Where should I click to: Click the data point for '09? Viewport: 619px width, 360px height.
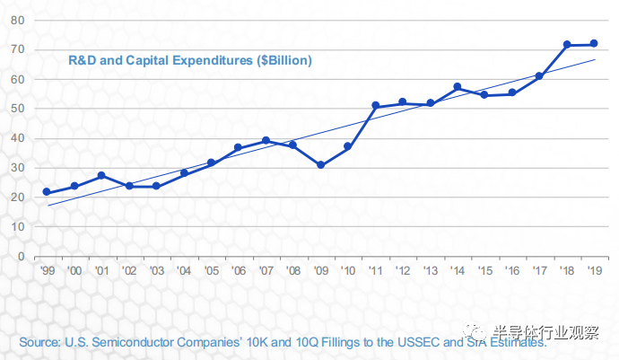click(320, 165)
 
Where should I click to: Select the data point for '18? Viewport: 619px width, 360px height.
click(566, 44)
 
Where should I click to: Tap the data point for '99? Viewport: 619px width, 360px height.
click(47, 192)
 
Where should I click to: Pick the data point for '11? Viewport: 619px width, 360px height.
click(375, 106)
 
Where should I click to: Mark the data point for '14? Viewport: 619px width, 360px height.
click(457, 87)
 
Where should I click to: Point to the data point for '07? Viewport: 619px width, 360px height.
click(266, 140)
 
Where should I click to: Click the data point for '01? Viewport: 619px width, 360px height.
click(101, 175)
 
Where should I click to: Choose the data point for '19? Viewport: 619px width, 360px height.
click(594, 44)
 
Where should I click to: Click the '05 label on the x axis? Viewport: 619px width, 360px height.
click(211, 270)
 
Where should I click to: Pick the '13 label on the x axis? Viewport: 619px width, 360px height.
click(430, 270)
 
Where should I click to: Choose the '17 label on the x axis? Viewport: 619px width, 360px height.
click(539, 270)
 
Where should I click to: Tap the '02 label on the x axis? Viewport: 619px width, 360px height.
click(128, 270)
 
